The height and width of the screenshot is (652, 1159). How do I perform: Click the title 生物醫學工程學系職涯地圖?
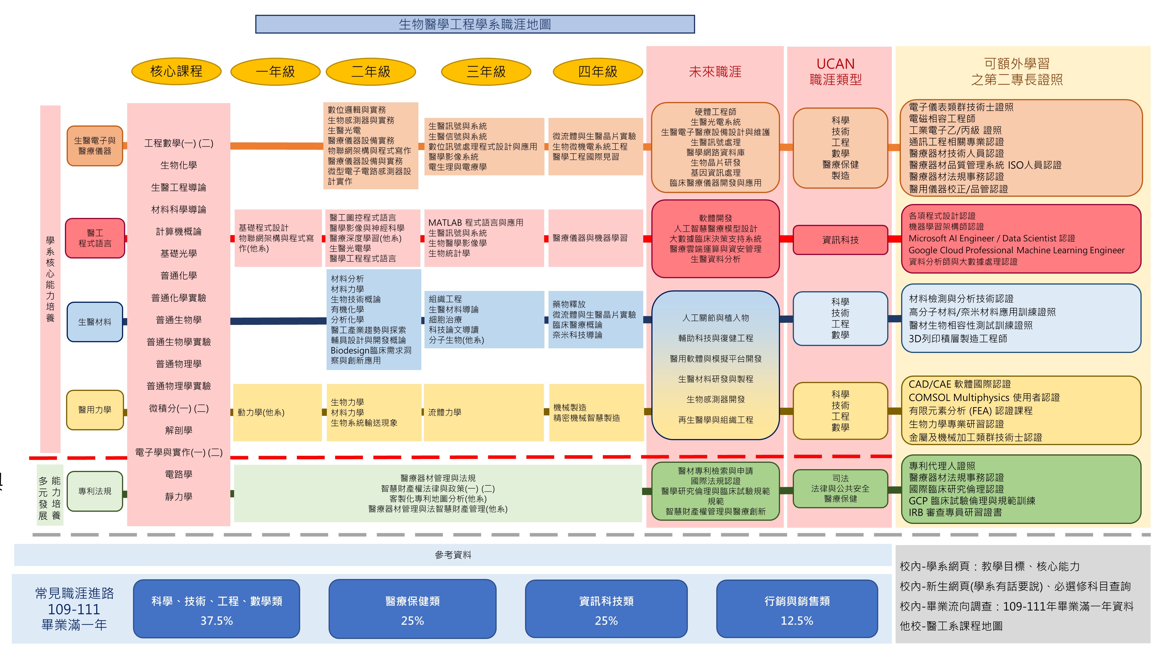(x=475, y=24)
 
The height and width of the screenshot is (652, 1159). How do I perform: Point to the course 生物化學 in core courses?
(x=178, y=165)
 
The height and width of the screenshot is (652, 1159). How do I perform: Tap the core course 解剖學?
(x=178, y=430)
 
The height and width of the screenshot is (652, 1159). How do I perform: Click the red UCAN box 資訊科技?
(x=840, y=240)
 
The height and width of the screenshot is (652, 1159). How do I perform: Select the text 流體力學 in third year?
(x=444, y=412)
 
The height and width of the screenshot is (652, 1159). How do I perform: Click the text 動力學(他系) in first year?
(x=261, y=412)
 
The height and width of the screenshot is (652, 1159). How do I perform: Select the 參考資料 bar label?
(x=453, y=555)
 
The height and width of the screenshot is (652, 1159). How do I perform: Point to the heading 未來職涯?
(x=715, y=72)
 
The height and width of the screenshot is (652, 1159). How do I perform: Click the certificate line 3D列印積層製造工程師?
(x=958, y=338)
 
